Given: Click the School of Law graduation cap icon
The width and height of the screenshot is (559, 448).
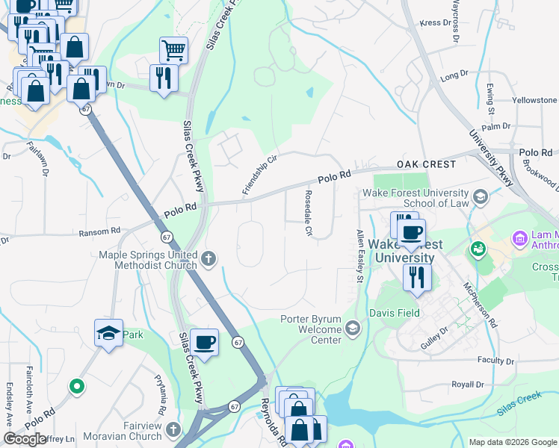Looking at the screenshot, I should [480, 198].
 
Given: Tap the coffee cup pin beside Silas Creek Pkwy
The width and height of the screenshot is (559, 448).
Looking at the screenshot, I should [204, 343].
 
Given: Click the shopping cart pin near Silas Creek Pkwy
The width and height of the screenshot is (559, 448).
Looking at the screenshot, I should [173, 51].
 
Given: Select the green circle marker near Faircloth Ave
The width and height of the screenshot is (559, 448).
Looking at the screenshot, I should [75, 387].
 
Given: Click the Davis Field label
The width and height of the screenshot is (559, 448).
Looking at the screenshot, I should [394, 313].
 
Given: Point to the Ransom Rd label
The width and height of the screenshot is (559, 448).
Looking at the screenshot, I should [99, 231].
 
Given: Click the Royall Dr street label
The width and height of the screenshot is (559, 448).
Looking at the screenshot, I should [468, 385].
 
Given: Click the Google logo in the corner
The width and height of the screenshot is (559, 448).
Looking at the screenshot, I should [25, 439].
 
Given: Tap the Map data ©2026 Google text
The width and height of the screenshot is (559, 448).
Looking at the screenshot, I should [512, 442].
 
